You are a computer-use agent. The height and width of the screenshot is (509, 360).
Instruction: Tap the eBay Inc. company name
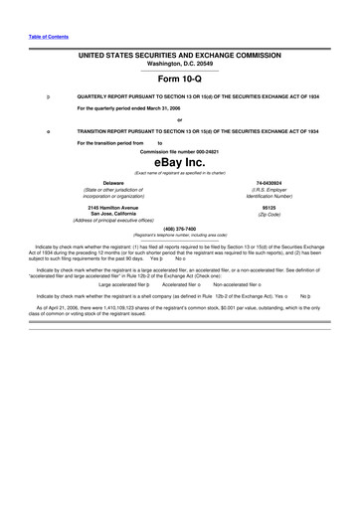coord(179,161)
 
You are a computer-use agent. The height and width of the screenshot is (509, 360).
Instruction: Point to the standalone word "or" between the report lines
coord(179,119)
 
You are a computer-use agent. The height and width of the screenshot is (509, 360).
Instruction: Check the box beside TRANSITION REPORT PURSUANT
coord(36,131)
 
